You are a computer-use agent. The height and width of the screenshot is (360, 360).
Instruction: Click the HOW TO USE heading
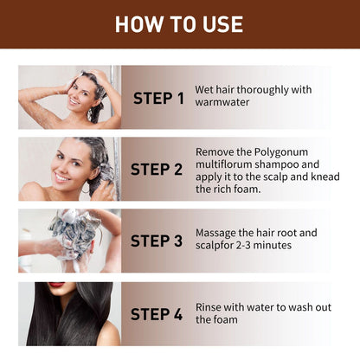(179, 23)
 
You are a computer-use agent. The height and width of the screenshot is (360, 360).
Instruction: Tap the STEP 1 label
(158, 98)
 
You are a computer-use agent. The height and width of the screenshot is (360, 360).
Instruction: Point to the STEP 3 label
(158, 240)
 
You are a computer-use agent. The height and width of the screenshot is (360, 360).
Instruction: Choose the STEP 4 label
(158, 313)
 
